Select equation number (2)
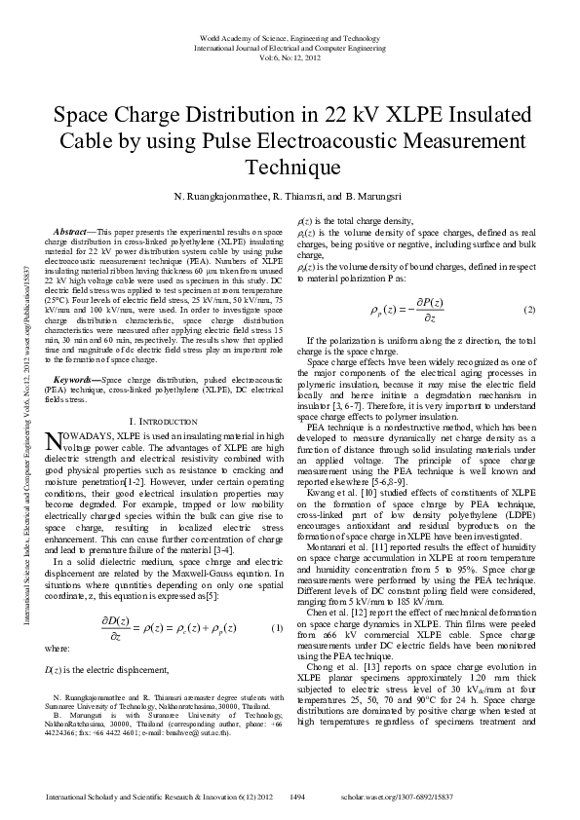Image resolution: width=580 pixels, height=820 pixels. point(530,310)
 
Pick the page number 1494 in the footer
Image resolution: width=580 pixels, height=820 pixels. point(299,798)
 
